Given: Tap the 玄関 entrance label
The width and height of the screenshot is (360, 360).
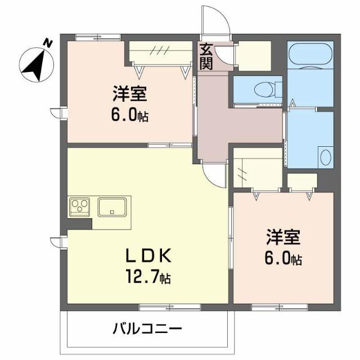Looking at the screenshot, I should [x=205, y=57].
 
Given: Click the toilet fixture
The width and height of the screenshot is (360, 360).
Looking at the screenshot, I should [x=265, y=89].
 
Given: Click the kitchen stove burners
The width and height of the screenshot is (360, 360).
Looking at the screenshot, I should [x=80, y=206].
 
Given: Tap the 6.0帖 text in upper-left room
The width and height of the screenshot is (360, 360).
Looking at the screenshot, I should [x=129, y=115].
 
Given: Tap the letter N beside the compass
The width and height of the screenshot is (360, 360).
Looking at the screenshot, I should [x=48, y=42].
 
